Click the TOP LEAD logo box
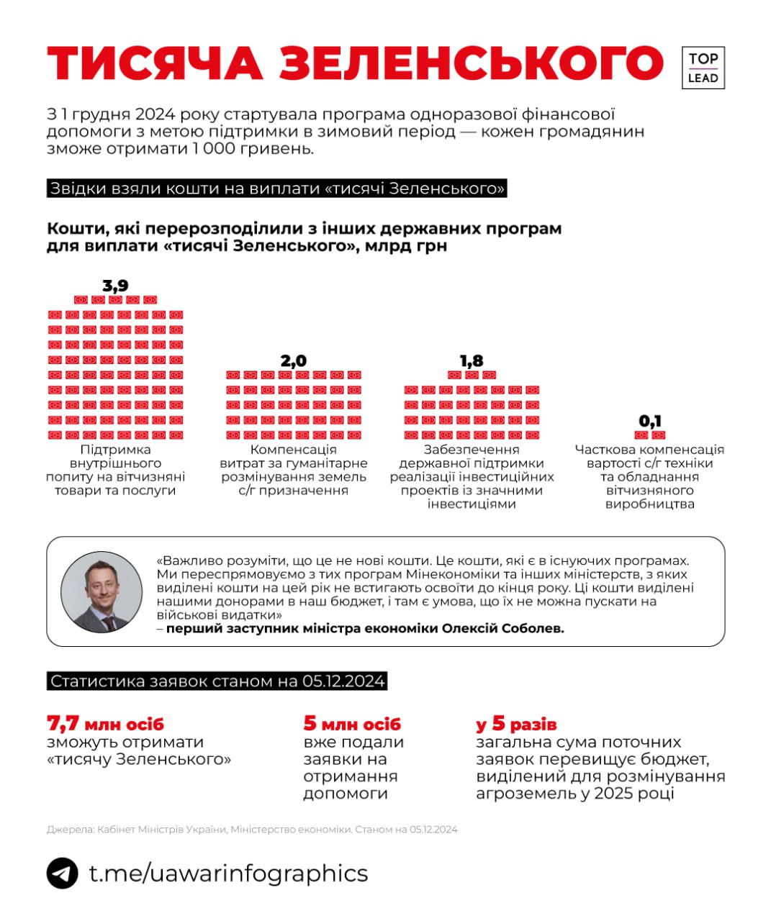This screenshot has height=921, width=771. pos(703,68)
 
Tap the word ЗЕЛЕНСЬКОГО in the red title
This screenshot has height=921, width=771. pos(471,63)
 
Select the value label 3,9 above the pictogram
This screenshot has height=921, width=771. pos(115,286)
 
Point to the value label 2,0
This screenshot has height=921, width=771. pos(294,360)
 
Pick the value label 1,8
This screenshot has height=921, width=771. pos(472,360)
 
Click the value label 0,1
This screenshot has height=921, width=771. pos(650,421)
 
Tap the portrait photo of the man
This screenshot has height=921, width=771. pos(102,591)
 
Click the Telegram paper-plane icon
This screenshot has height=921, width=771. pos(63,874)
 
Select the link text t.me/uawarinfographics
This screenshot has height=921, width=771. pos(228,874)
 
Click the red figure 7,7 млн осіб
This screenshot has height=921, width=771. pos(105,723)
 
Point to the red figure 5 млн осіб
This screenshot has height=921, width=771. pos(352,723)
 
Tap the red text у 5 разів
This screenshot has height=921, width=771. pos(516,724)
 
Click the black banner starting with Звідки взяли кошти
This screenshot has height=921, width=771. pos(277,189)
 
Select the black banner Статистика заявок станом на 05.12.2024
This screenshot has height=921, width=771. pos(217,681)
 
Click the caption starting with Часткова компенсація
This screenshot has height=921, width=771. pos(649,476)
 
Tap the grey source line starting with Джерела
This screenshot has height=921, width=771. pos(252,829)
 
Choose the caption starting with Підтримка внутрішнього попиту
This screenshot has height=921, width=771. pos(115,470)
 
